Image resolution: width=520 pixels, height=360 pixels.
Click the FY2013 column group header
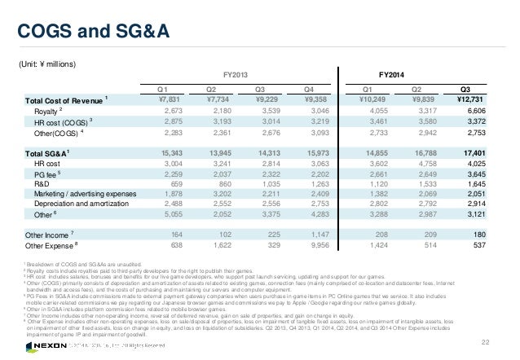(234, 73)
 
